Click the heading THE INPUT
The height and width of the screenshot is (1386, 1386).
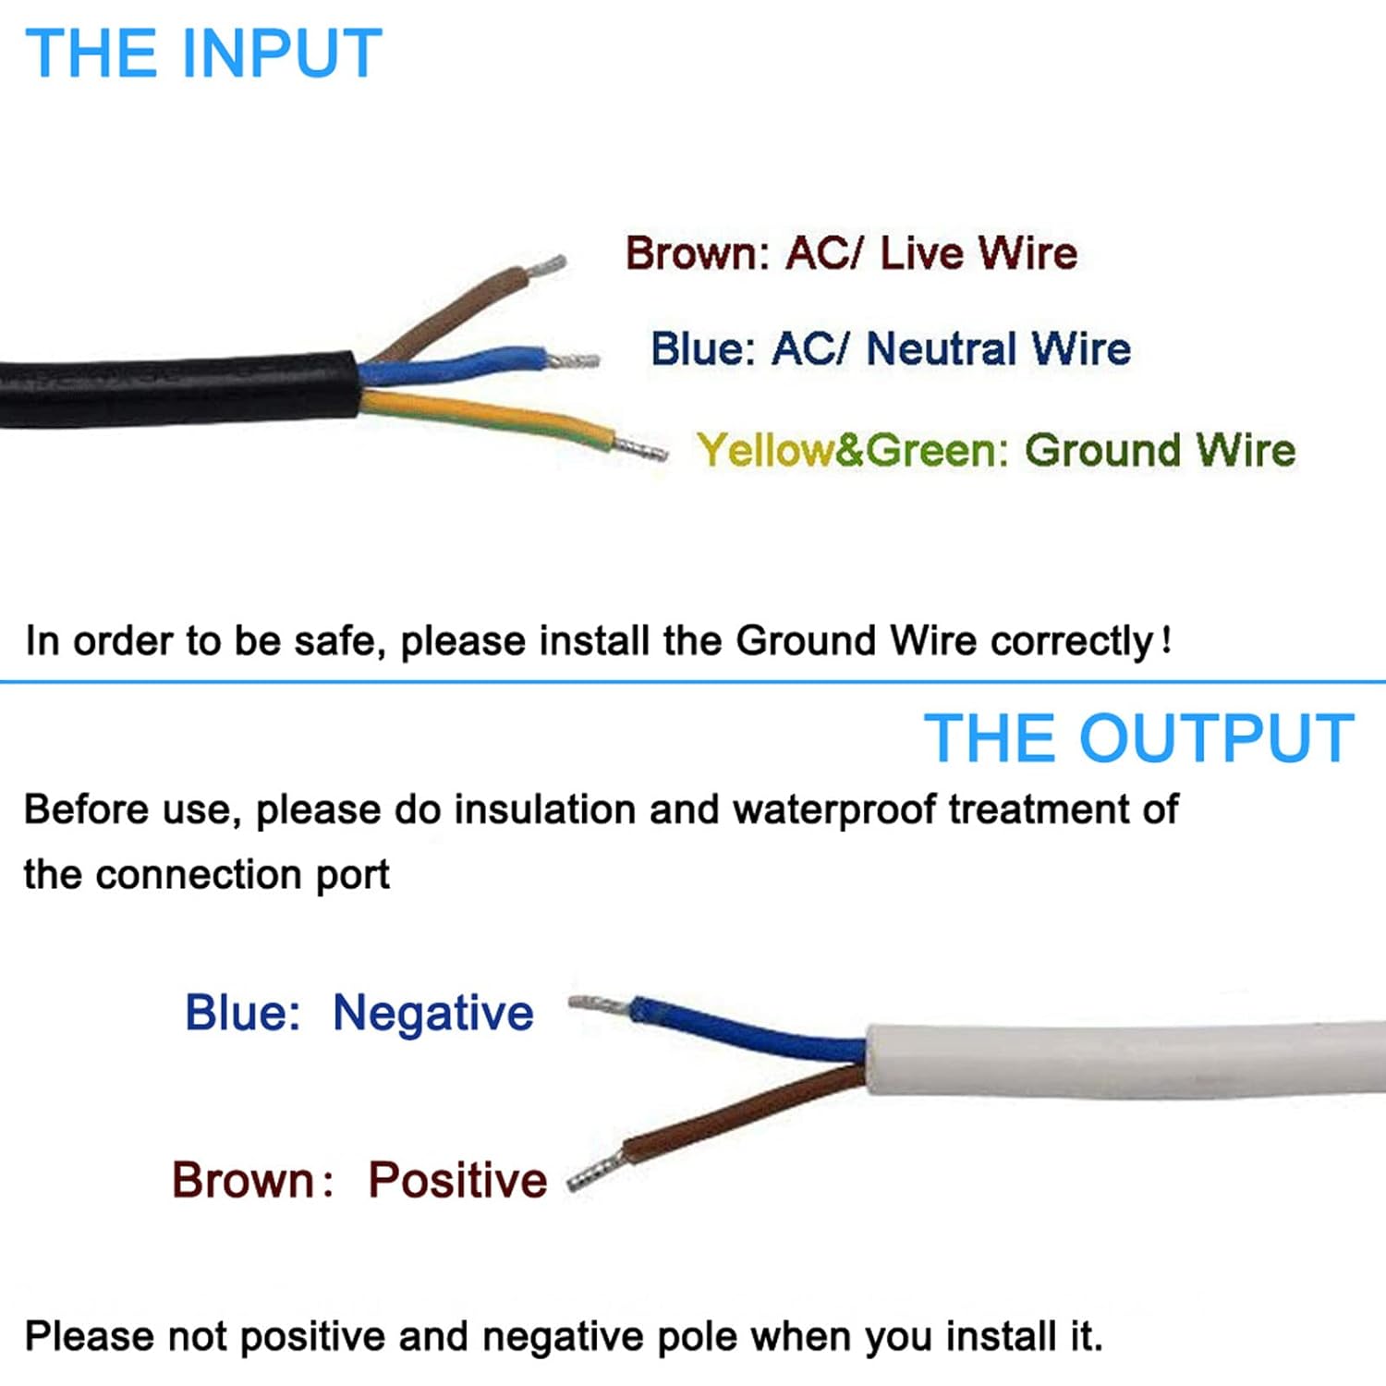click(203, 53)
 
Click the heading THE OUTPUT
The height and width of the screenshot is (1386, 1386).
click(1138, 738)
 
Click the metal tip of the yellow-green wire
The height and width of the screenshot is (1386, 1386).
click(640, 449)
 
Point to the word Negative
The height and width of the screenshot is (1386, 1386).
click(432, 1014)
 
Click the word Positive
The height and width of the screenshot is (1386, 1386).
click(457, 1180)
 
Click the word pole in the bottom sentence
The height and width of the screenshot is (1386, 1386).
click(696, 1337)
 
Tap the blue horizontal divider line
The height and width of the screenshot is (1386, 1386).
click(693, 682)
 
